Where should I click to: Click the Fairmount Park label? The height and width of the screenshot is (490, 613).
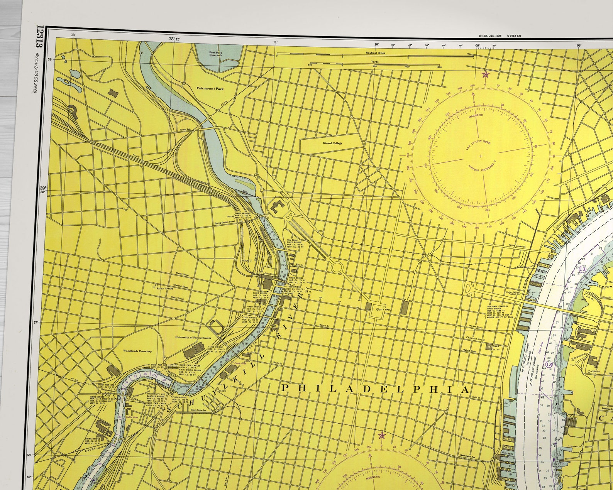pos(210,88)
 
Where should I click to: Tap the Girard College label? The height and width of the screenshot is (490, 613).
pos(332,143)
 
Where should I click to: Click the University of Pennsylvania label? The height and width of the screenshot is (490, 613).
pos(193,338)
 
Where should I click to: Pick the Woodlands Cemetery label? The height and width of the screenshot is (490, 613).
pos(137,351)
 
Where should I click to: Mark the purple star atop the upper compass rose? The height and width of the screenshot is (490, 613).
pos(485,74)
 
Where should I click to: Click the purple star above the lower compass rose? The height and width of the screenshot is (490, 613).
pos(381,436)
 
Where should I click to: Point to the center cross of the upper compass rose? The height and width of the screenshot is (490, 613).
pos(480,156)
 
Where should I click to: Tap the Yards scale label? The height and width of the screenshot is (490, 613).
pos(374,61)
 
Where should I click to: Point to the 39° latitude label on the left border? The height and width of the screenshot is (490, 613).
pos(43,188)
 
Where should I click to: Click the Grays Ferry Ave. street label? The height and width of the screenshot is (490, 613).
pos(199,410)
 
